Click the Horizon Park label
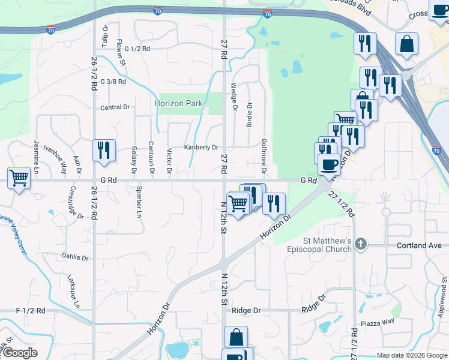point(178,103)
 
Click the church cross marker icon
point(360,244)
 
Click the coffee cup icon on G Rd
point(329,163)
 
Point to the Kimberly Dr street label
point(201,148)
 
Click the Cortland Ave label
point(419,245)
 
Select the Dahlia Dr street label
point(75,257)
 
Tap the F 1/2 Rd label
point(31,311)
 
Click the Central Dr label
point(115,107)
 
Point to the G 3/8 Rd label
point(113,81)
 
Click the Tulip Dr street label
point(106,35)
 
